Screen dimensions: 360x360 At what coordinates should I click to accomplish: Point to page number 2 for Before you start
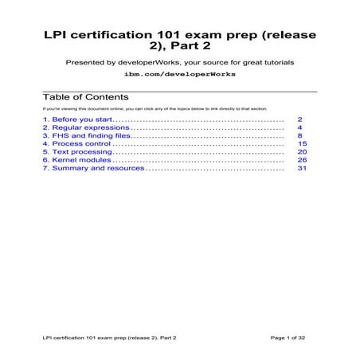[x=299, y=118]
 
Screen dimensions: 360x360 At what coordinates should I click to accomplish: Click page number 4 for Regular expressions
[x=299, y=127]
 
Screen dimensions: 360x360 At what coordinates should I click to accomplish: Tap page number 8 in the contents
[x=299, y=135]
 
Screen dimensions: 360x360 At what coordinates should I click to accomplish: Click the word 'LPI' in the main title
[x=57, y=35]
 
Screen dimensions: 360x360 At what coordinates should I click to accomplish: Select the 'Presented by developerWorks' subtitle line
[x=180, y=61]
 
